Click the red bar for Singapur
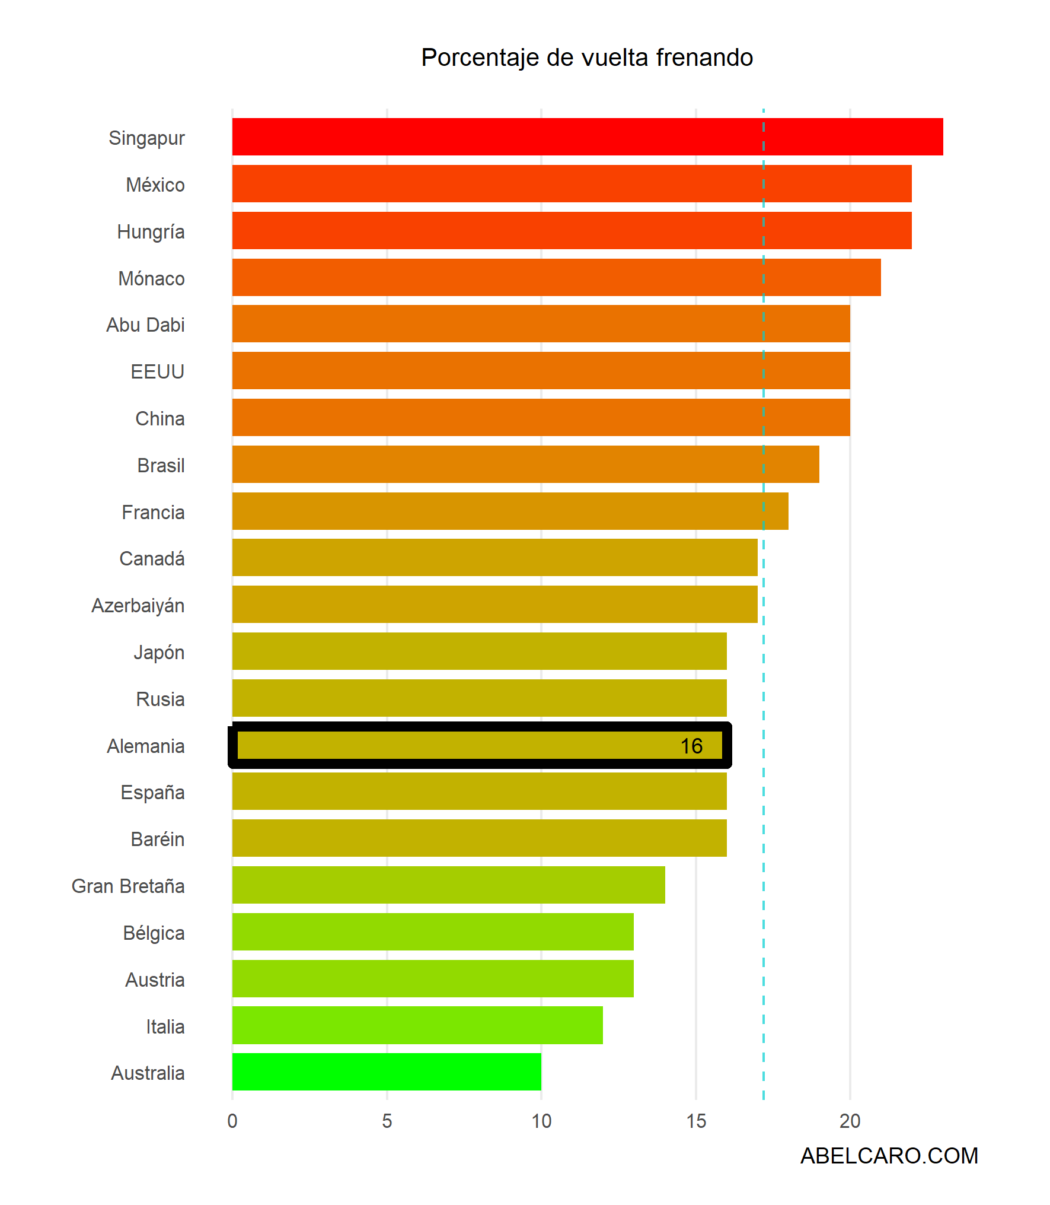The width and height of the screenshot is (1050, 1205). click(587, 137)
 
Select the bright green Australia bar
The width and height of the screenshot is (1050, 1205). click(387, 1072)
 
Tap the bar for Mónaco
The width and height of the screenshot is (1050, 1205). click(556, 278)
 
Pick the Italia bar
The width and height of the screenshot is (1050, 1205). click(417, 1025)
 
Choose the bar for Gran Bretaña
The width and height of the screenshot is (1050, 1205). click(448, 885)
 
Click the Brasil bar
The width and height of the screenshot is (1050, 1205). click(525, 465)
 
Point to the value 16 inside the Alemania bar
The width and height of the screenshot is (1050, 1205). click(691, 746)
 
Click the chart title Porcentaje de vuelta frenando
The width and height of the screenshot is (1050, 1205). click(587, 58)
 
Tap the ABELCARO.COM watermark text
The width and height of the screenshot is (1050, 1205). click(889, 1156)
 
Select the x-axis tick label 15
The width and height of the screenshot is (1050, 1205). click(696, 1121)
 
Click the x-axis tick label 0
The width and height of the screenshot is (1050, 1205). click(232, 1121)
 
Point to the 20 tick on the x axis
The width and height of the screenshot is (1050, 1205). click(850, 1121)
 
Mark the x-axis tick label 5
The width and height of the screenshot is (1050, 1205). click(387, 1121)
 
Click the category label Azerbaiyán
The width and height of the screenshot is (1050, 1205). click(138, 605)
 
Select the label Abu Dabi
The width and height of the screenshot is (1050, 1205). click(145, 325)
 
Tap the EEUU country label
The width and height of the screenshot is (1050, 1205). click(157, 371)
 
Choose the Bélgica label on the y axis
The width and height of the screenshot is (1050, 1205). click(154, 933)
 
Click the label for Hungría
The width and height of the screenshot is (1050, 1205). click(151, 231)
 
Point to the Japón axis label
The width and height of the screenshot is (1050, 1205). click(159, 652)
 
